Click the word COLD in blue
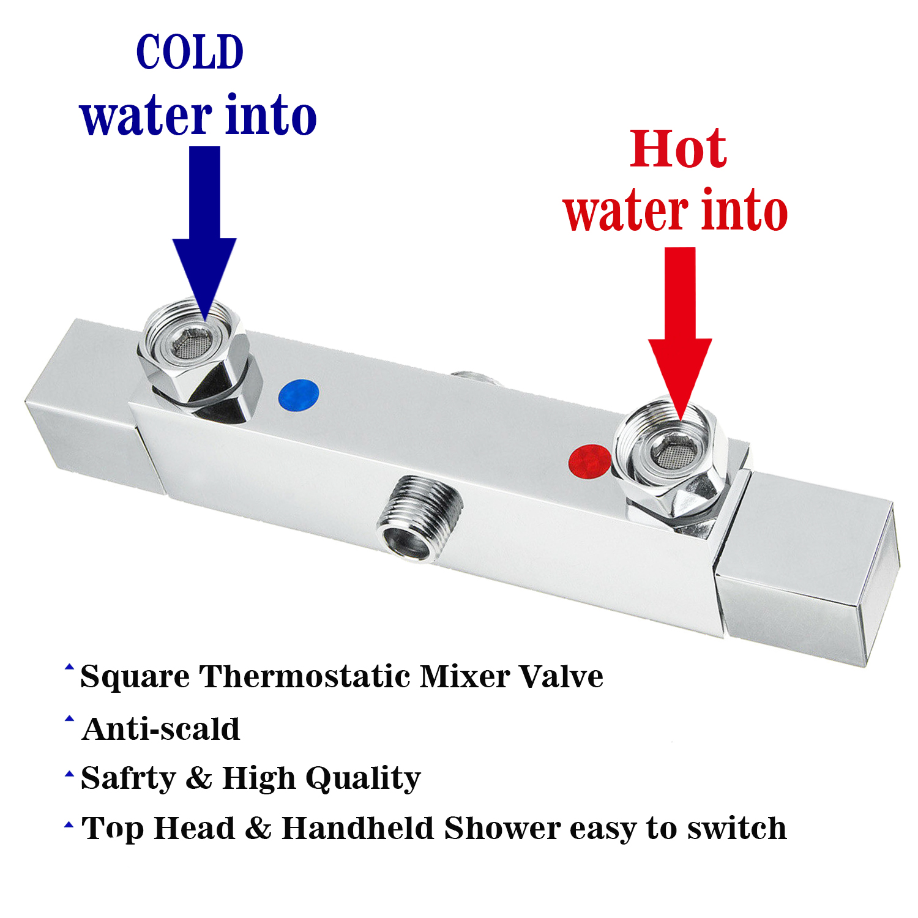tap(190, 53)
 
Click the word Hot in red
tap(678, 149)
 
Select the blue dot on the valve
tap(298, 395)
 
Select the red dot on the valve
tap(589, 461)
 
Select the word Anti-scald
tap(160, 730)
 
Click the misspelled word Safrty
tap(128, 779)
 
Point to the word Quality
tap(363, 779)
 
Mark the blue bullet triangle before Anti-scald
tap(69, 718)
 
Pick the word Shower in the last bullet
tap(502, 829)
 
